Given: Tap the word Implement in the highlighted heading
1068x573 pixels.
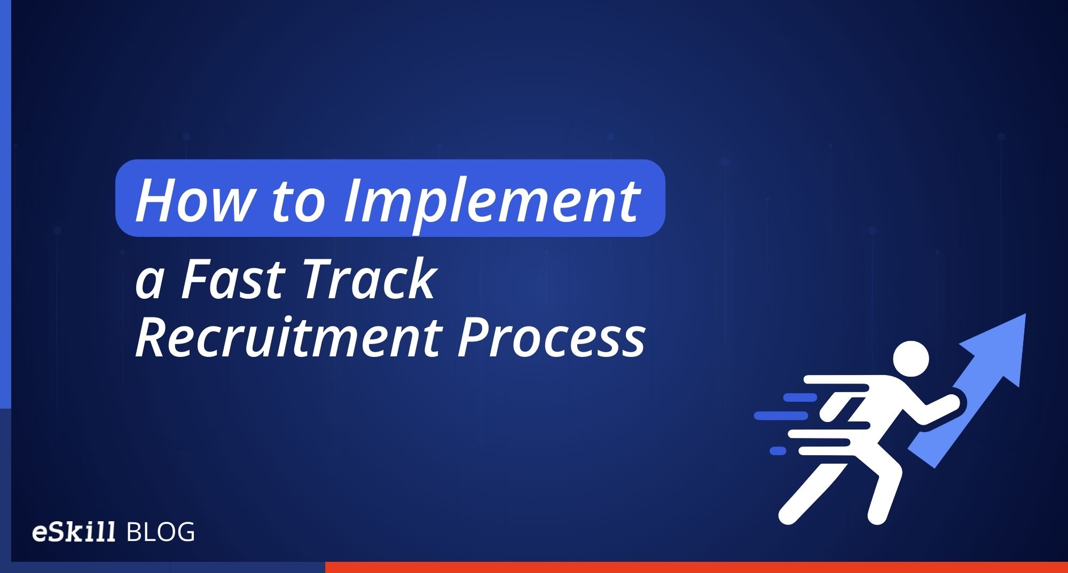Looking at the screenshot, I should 491,202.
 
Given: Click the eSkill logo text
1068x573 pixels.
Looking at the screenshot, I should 74,532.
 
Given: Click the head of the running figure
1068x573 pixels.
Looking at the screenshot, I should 910,359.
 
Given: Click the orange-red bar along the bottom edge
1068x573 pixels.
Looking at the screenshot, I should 694,567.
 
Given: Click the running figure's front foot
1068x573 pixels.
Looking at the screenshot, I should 876,515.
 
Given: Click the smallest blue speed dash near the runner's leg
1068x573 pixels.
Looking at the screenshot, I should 778,451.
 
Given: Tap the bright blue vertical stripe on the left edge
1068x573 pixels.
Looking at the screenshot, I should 5,203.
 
